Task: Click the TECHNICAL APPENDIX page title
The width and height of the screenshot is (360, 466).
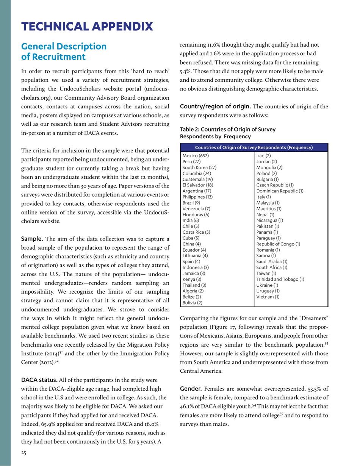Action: pos(87,26)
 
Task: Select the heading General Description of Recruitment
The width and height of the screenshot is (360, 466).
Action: pos(64,52)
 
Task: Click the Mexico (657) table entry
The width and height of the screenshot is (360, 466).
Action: pos(196,155)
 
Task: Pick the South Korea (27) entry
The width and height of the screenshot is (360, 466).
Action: pos(200,167)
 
